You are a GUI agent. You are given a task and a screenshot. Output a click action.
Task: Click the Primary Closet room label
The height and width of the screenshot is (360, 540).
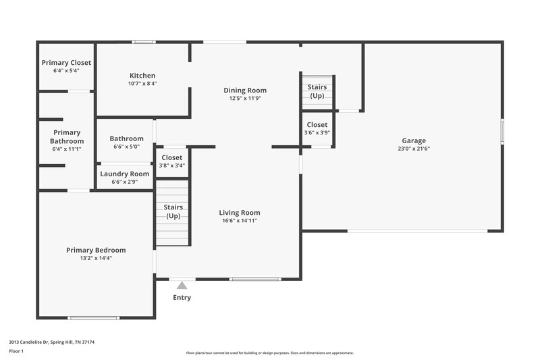[66, 63]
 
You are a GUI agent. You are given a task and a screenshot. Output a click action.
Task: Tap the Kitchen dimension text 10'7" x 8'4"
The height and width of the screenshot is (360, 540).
[142, 84]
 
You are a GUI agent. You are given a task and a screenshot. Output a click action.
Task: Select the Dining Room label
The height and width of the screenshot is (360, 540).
[245, 90]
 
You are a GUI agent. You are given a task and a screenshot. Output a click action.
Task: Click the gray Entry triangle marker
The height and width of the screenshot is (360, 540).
[182, 286]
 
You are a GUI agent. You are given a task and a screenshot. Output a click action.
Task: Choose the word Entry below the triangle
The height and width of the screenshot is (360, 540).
[182, 297]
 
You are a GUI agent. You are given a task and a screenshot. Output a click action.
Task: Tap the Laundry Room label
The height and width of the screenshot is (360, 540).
[124, 174]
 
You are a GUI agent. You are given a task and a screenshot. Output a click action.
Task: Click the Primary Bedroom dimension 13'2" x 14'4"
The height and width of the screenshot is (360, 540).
[95, 258]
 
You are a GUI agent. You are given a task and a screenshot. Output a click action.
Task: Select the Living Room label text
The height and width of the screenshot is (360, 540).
[240, 212]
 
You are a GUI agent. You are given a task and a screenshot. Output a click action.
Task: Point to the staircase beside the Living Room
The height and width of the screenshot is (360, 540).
[173, 211]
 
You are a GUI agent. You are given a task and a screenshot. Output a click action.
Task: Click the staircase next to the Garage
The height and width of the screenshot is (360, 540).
[317, 92]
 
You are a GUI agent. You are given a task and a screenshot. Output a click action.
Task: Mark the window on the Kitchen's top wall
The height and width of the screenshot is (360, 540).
[143, 43]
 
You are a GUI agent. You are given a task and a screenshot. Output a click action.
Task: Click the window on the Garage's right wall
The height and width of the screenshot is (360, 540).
[502, 131]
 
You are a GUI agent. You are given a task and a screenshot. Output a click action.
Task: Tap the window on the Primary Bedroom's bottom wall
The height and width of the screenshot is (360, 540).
[94, 318]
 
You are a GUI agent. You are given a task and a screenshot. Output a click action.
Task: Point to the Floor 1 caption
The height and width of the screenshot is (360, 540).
[16, 352]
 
